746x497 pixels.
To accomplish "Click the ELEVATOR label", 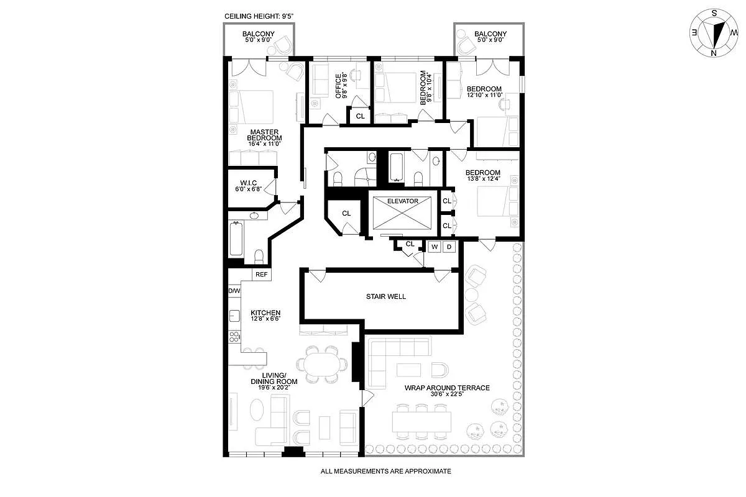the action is coord(402,201).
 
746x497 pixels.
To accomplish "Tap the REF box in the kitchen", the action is coord(262,275).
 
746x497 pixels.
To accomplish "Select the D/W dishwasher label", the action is coord(234,291).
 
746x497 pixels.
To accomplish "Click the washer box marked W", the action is coord(435,247).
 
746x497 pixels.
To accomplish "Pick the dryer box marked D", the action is coord(449,247).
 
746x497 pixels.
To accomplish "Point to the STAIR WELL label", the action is coord(386,296).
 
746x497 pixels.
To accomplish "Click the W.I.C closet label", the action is coord(249,183).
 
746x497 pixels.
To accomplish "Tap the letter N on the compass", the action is coord(714,53).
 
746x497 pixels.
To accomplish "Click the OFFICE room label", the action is coord(338,86).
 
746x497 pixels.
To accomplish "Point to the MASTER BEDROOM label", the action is coord(264,135).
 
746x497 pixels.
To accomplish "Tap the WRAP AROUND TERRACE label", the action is coord(447,388).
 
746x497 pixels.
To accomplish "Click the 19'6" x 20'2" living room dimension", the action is coord(274,388).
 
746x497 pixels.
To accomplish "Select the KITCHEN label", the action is coord(265,313).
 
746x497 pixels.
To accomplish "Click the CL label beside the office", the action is coord(361,116).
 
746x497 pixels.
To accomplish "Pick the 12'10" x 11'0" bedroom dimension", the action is coord(484,95).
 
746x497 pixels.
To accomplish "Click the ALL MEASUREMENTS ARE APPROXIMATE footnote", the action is coord(385,472).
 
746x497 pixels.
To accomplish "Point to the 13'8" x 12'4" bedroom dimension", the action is coord(484,178).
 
